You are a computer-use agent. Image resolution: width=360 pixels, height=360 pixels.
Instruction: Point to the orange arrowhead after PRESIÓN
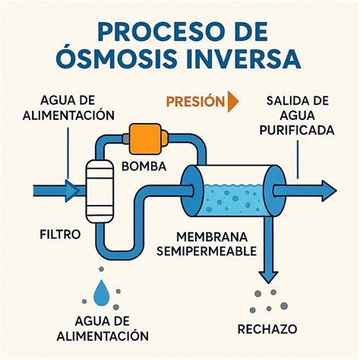[x=232, y=101]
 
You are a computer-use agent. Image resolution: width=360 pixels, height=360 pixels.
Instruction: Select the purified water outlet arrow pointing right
[x=308, y=189]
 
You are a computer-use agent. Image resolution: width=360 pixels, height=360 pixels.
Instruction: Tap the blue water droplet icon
[x=101, y=293]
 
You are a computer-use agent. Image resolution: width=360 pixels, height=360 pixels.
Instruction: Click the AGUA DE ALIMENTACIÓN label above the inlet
[x=68, y=107]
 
